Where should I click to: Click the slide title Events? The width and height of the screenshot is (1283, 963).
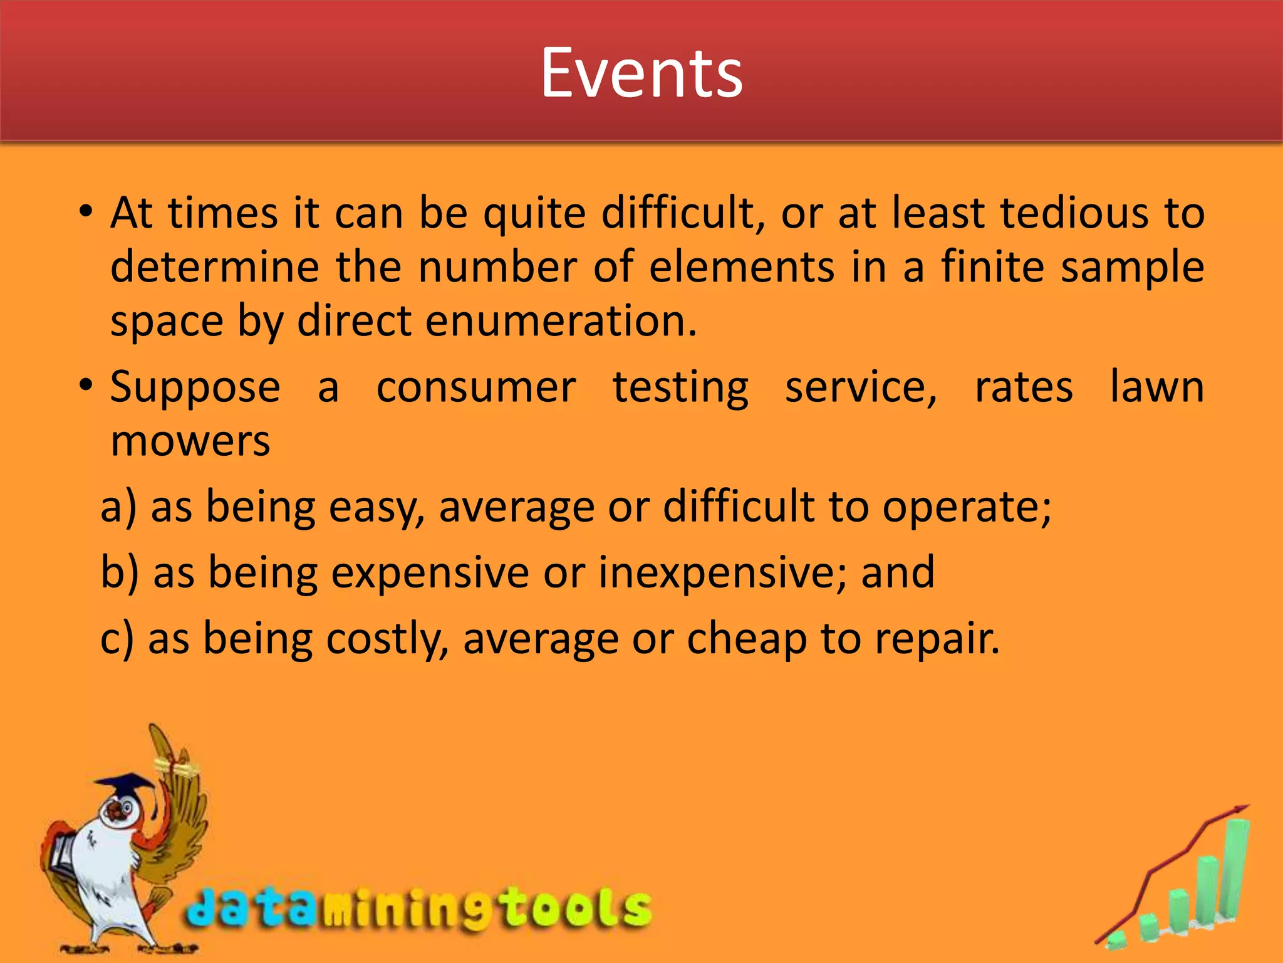[641, 73]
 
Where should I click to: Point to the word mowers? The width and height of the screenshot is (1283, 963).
[190, 441]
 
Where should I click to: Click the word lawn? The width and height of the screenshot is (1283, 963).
[1156, 387]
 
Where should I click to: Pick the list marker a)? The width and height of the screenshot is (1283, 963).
[118, 507]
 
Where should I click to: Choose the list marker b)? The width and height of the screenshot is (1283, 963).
[120, 573]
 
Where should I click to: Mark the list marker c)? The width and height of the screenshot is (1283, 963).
[117, 639]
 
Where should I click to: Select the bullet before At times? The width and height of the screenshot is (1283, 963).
[86, 211]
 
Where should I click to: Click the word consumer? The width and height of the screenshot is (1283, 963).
[475, 387]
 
